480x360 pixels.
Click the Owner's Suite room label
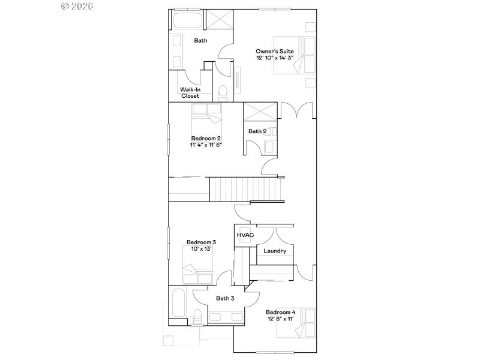[x=274, y=52]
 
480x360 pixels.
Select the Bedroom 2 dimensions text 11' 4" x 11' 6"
[x=206, y=145]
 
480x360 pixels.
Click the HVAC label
[x=245, y=235]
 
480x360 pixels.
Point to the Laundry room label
[x=275, y=251]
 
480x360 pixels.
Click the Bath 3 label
[x=225, y=298]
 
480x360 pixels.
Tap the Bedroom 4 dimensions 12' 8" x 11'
[x=280, y=319]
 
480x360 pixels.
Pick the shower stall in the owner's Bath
[x=220, y=19]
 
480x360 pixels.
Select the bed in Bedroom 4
[x=296, y=323]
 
